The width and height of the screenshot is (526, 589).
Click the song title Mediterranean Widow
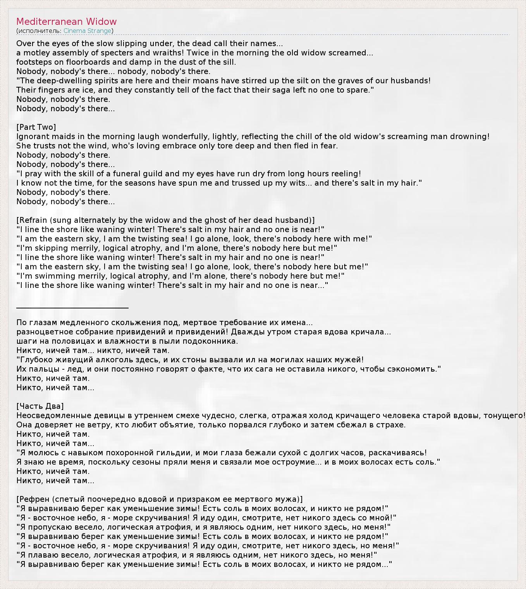[66, 22]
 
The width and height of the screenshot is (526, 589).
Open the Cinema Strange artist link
[88, 31]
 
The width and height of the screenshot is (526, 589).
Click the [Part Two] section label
[36, 127]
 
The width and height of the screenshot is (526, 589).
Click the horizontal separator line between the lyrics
[72, 308]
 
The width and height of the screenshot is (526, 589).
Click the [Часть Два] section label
[40, 406]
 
